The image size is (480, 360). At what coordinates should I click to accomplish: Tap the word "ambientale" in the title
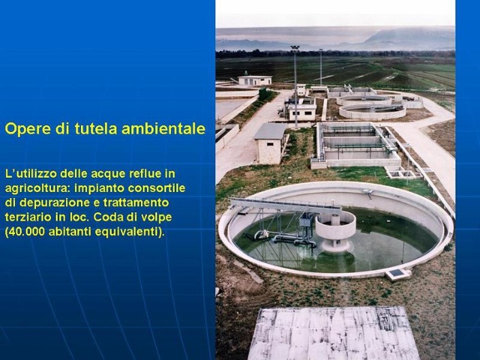coord(163,129)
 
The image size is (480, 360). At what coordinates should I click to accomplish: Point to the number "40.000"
coord(27,231)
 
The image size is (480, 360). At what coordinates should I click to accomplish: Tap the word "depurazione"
coord(51,203)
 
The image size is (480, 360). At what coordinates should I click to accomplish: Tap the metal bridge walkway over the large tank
coord(285,206)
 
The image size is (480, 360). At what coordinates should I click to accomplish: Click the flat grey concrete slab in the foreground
coord(333,333)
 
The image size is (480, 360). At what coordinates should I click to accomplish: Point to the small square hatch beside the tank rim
coord(396,272)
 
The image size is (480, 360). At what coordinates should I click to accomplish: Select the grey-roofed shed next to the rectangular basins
coord(270,144)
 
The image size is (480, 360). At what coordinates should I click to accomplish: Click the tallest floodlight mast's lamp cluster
coord(295,48)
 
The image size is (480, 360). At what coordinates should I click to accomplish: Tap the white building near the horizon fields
coord(255,80)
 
